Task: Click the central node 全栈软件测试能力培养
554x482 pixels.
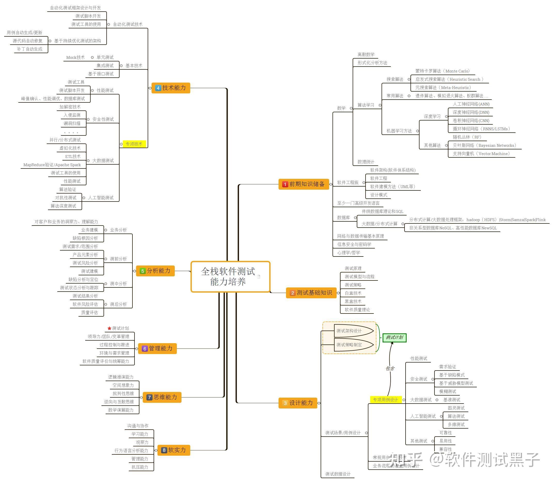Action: click(x=230, y=277)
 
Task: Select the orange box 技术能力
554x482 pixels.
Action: click(x=171, y=88)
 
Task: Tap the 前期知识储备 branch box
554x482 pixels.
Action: click(x=304, y=184)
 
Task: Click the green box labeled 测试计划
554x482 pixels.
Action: click(x=394, y=338)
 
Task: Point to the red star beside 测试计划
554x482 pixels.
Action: click(x=109, y=328)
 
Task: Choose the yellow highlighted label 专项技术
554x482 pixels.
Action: click(x=134, y=144)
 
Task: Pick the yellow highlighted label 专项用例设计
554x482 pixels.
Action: click(x=385, y=400)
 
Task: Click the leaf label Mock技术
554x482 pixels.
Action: click(x=75, y=58)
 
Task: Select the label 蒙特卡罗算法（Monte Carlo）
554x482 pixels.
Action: click(x=443, y=71)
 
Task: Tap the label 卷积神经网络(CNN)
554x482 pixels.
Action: click(x=471, y=121)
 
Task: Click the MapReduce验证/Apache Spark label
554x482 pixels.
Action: click(x=52, y=165)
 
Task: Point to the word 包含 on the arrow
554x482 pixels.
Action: click(x=390, y=368)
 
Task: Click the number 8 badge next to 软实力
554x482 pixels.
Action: click(x=164, y=450)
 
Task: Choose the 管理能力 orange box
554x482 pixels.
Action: click(x=157, y=349)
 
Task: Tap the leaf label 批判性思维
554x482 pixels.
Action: click(x=123, y=393)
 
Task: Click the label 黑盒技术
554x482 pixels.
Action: click(x=353, y=302)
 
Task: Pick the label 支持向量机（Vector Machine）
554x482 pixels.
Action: click(x=481, y=154)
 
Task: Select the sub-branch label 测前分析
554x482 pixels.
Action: click(x=118, y=259)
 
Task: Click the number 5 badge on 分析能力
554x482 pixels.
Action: click(x=143, y=271)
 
